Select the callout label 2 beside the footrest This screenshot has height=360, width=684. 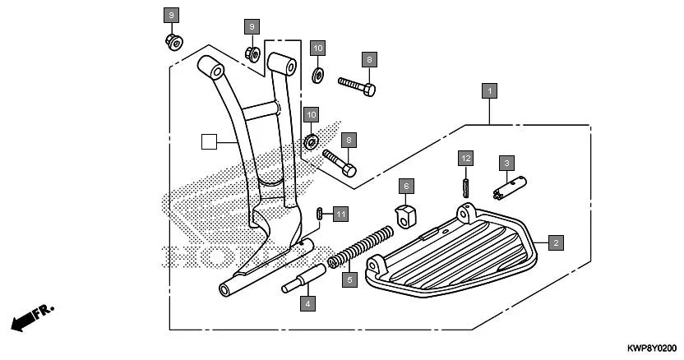tap(557, 242)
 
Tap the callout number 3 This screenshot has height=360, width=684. tap(507, 163)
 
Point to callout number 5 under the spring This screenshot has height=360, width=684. tap(349, 280)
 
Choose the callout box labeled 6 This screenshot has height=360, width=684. tap(406, 186)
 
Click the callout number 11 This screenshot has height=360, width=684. tap(340, 214)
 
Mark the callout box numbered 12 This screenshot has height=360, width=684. tap(465, 157)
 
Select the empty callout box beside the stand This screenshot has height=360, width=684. tap(210, 141)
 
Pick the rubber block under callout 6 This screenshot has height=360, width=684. tap(404, 214)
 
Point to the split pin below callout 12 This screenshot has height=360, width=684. tap(465, 183)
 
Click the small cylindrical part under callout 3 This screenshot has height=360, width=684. tap(506, 189)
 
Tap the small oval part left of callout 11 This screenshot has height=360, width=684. tap(319, 214)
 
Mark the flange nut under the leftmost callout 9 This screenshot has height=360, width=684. tap(173, 41)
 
